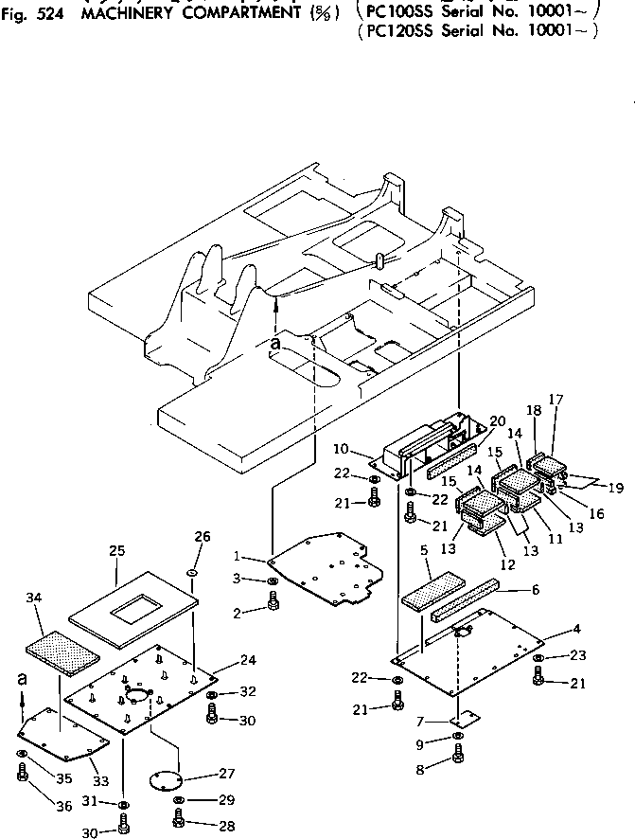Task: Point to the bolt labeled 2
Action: point(272,602)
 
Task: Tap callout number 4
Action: point(576,629)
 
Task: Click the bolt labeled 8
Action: point(459,754)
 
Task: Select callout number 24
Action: point(248,660)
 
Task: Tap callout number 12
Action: point(507,564)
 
